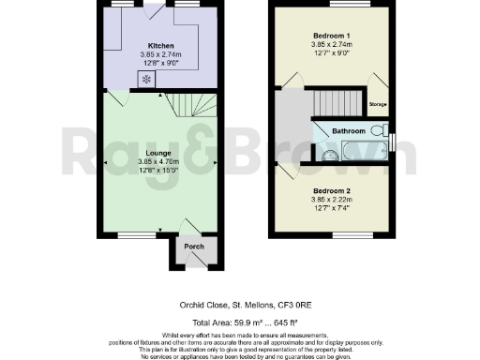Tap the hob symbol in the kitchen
(x=146, y=79)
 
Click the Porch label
(x=193, y=247)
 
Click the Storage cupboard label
(x=378, y=104)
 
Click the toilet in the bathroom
(x=386, y=130)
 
